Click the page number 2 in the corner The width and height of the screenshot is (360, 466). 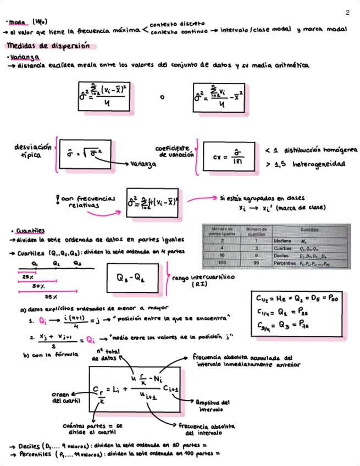(x=347, y=13)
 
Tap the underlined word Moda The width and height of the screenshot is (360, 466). (x=18, y=23)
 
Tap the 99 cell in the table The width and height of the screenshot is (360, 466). (x=256, y=264)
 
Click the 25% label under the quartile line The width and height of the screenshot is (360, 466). (x=27, y=277)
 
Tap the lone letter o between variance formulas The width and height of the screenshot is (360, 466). (x=162, y=98)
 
